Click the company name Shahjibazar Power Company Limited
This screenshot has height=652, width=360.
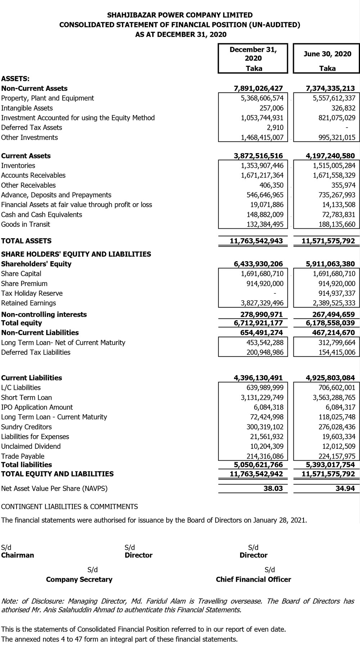coord(180,15)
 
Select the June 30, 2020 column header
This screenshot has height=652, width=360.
coord(327,54)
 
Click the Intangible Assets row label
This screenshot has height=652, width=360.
coord(27,108)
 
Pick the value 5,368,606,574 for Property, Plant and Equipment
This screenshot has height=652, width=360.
coord(262,98)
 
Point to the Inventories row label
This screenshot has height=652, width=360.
coord(18,166)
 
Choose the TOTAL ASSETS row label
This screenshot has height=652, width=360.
coord(26,241)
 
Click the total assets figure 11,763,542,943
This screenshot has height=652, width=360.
coord(256,241)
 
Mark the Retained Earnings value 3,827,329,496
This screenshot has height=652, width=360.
coord(262,303)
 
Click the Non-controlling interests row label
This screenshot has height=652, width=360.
coord(44,314)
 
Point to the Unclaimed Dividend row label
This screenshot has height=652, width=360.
coord(31,446)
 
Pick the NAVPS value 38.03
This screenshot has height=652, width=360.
coord(274,489)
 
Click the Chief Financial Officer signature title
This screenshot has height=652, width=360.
coord(253,580)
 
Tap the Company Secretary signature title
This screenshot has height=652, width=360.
coord(79,580)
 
